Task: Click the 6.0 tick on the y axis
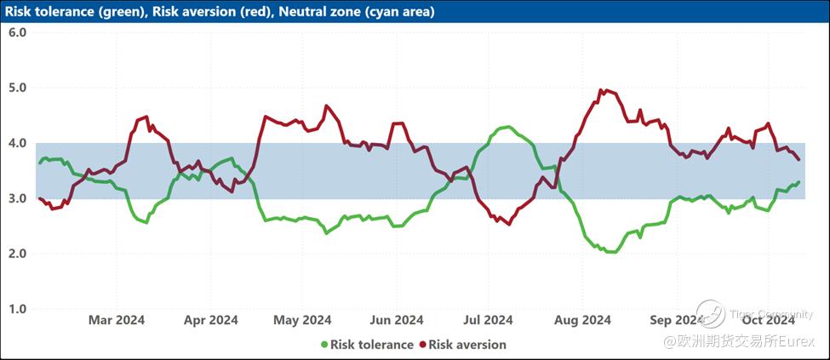point(18,32)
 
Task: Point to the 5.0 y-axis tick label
point(18,88)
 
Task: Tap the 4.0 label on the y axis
point(18,143)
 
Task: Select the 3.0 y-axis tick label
point(18,198)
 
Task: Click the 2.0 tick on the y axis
point(18,254)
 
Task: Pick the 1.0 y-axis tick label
point(18,309)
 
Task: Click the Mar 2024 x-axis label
point(117,320)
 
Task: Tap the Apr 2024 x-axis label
point(210,320)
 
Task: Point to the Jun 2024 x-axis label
point(397,320)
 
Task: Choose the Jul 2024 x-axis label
point(488,320)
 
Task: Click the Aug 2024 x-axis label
point(583,320)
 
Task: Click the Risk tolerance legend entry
point(371,345)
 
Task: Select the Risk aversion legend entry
point(467,345)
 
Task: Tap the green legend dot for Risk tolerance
point(324,345)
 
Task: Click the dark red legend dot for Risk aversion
point(422,345)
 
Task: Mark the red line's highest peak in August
point(603,89)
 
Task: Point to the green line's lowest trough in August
point(610,252)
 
